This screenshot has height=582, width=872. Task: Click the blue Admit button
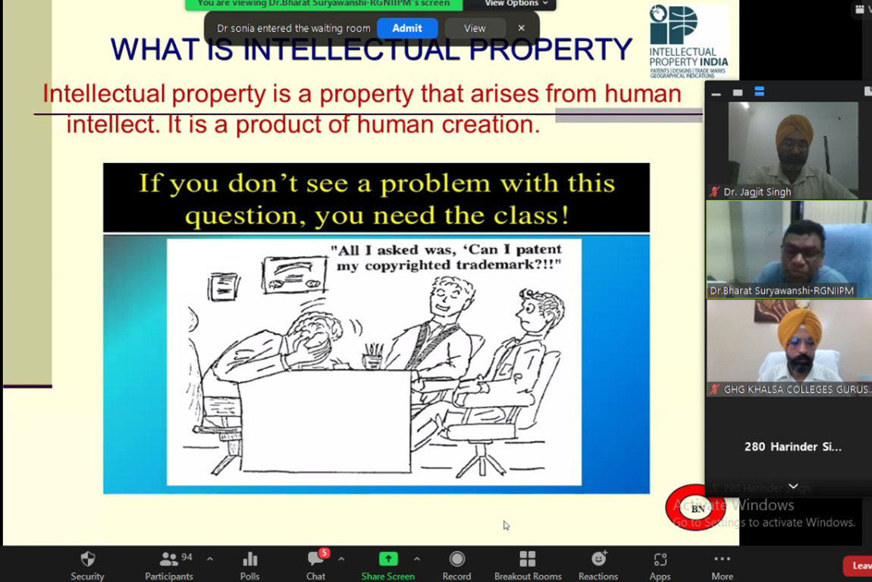[x=407, y=28]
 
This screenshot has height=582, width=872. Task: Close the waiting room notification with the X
[x=521, y=28]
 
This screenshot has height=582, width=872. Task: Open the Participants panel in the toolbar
[x=169, y=565]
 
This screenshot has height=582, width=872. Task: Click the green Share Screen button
[x=387, y=565]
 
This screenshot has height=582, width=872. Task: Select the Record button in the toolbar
[x=456, y=565]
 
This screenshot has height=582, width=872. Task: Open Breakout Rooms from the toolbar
[x=528, y=565]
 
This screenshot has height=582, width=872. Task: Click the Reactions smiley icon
[x=598, y=565]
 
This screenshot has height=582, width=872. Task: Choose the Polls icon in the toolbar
[x=249, y=565]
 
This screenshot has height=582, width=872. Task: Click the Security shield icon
[x=88, y=565]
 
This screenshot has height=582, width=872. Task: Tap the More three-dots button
[x=722, y=565]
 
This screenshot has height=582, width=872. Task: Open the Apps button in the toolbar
[x=660, y=565]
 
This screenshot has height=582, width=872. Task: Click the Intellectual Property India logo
[x=688, y=41]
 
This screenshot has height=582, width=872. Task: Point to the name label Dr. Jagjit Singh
[x=757, y=192]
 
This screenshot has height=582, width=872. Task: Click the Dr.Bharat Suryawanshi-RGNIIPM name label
[x=781, y=291]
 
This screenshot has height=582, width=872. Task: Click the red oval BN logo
[x=696, y=508]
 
